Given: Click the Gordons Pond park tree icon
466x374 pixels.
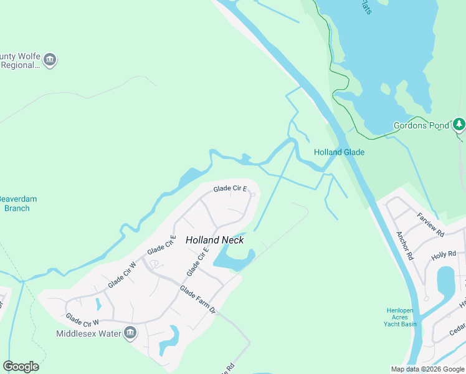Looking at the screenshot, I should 459,125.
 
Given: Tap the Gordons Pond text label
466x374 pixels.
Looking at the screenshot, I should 421,125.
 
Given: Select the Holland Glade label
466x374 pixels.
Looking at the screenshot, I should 339,152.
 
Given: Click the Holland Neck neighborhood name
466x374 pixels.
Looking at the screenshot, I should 214,240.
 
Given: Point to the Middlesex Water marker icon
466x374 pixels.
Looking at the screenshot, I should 130,333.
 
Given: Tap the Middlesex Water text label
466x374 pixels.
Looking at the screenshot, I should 89,333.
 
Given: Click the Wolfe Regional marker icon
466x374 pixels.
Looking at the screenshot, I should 50,60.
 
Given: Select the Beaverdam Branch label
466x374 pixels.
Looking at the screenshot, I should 17,203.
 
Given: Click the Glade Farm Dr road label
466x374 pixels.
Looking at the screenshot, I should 197,300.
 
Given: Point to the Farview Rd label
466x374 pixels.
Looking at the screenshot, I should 430,225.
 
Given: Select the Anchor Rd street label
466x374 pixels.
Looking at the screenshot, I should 405,246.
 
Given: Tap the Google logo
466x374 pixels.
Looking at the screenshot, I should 21,367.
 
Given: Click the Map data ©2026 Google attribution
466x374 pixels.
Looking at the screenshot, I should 427,369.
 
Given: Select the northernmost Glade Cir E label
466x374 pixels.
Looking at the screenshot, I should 230,188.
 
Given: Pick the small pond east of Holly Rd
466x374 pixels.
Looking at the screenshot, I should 446,282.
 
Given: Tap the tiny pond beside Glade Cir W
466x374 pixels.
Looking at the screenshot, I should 98,305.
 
